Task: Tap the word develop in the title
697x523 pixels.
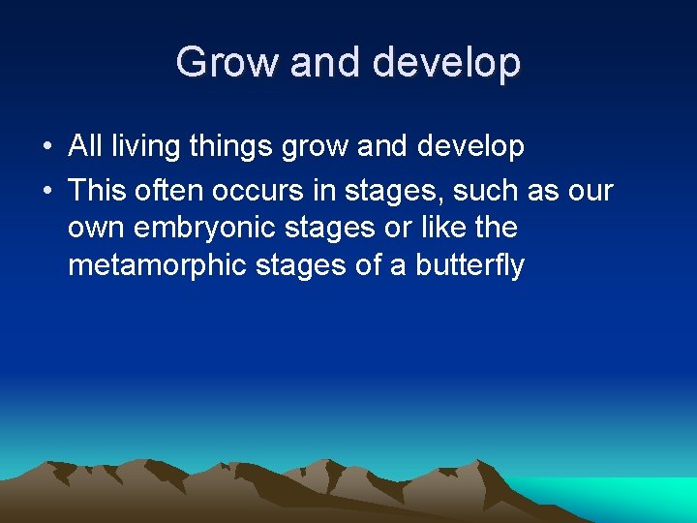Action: click(x=447, y=63)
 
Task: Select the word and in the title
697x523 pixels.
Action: click(x=326, y=63)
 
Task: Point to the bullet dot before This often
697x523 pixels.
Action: click(x=46, y=191)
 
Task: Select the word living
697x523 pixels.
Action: click(x=143, y=147)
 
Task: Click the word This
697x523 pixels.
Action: click(x=98, y=190)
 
